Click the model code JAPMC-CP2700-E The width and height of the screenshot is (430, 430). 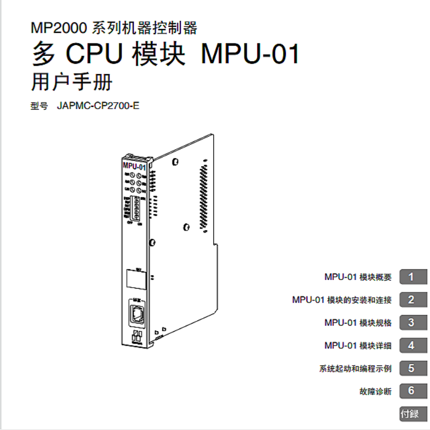pos(98,105)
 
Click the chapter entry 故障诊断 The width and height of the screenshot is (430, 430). pos(376,391)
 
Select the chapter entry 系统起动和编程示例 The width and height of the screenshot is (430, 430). pos(355,369)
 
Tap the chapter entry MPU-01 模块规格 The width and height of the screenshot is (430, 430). pos(358,323)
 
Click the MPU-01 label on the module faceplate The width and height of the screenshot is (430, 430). pos(134,167)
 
